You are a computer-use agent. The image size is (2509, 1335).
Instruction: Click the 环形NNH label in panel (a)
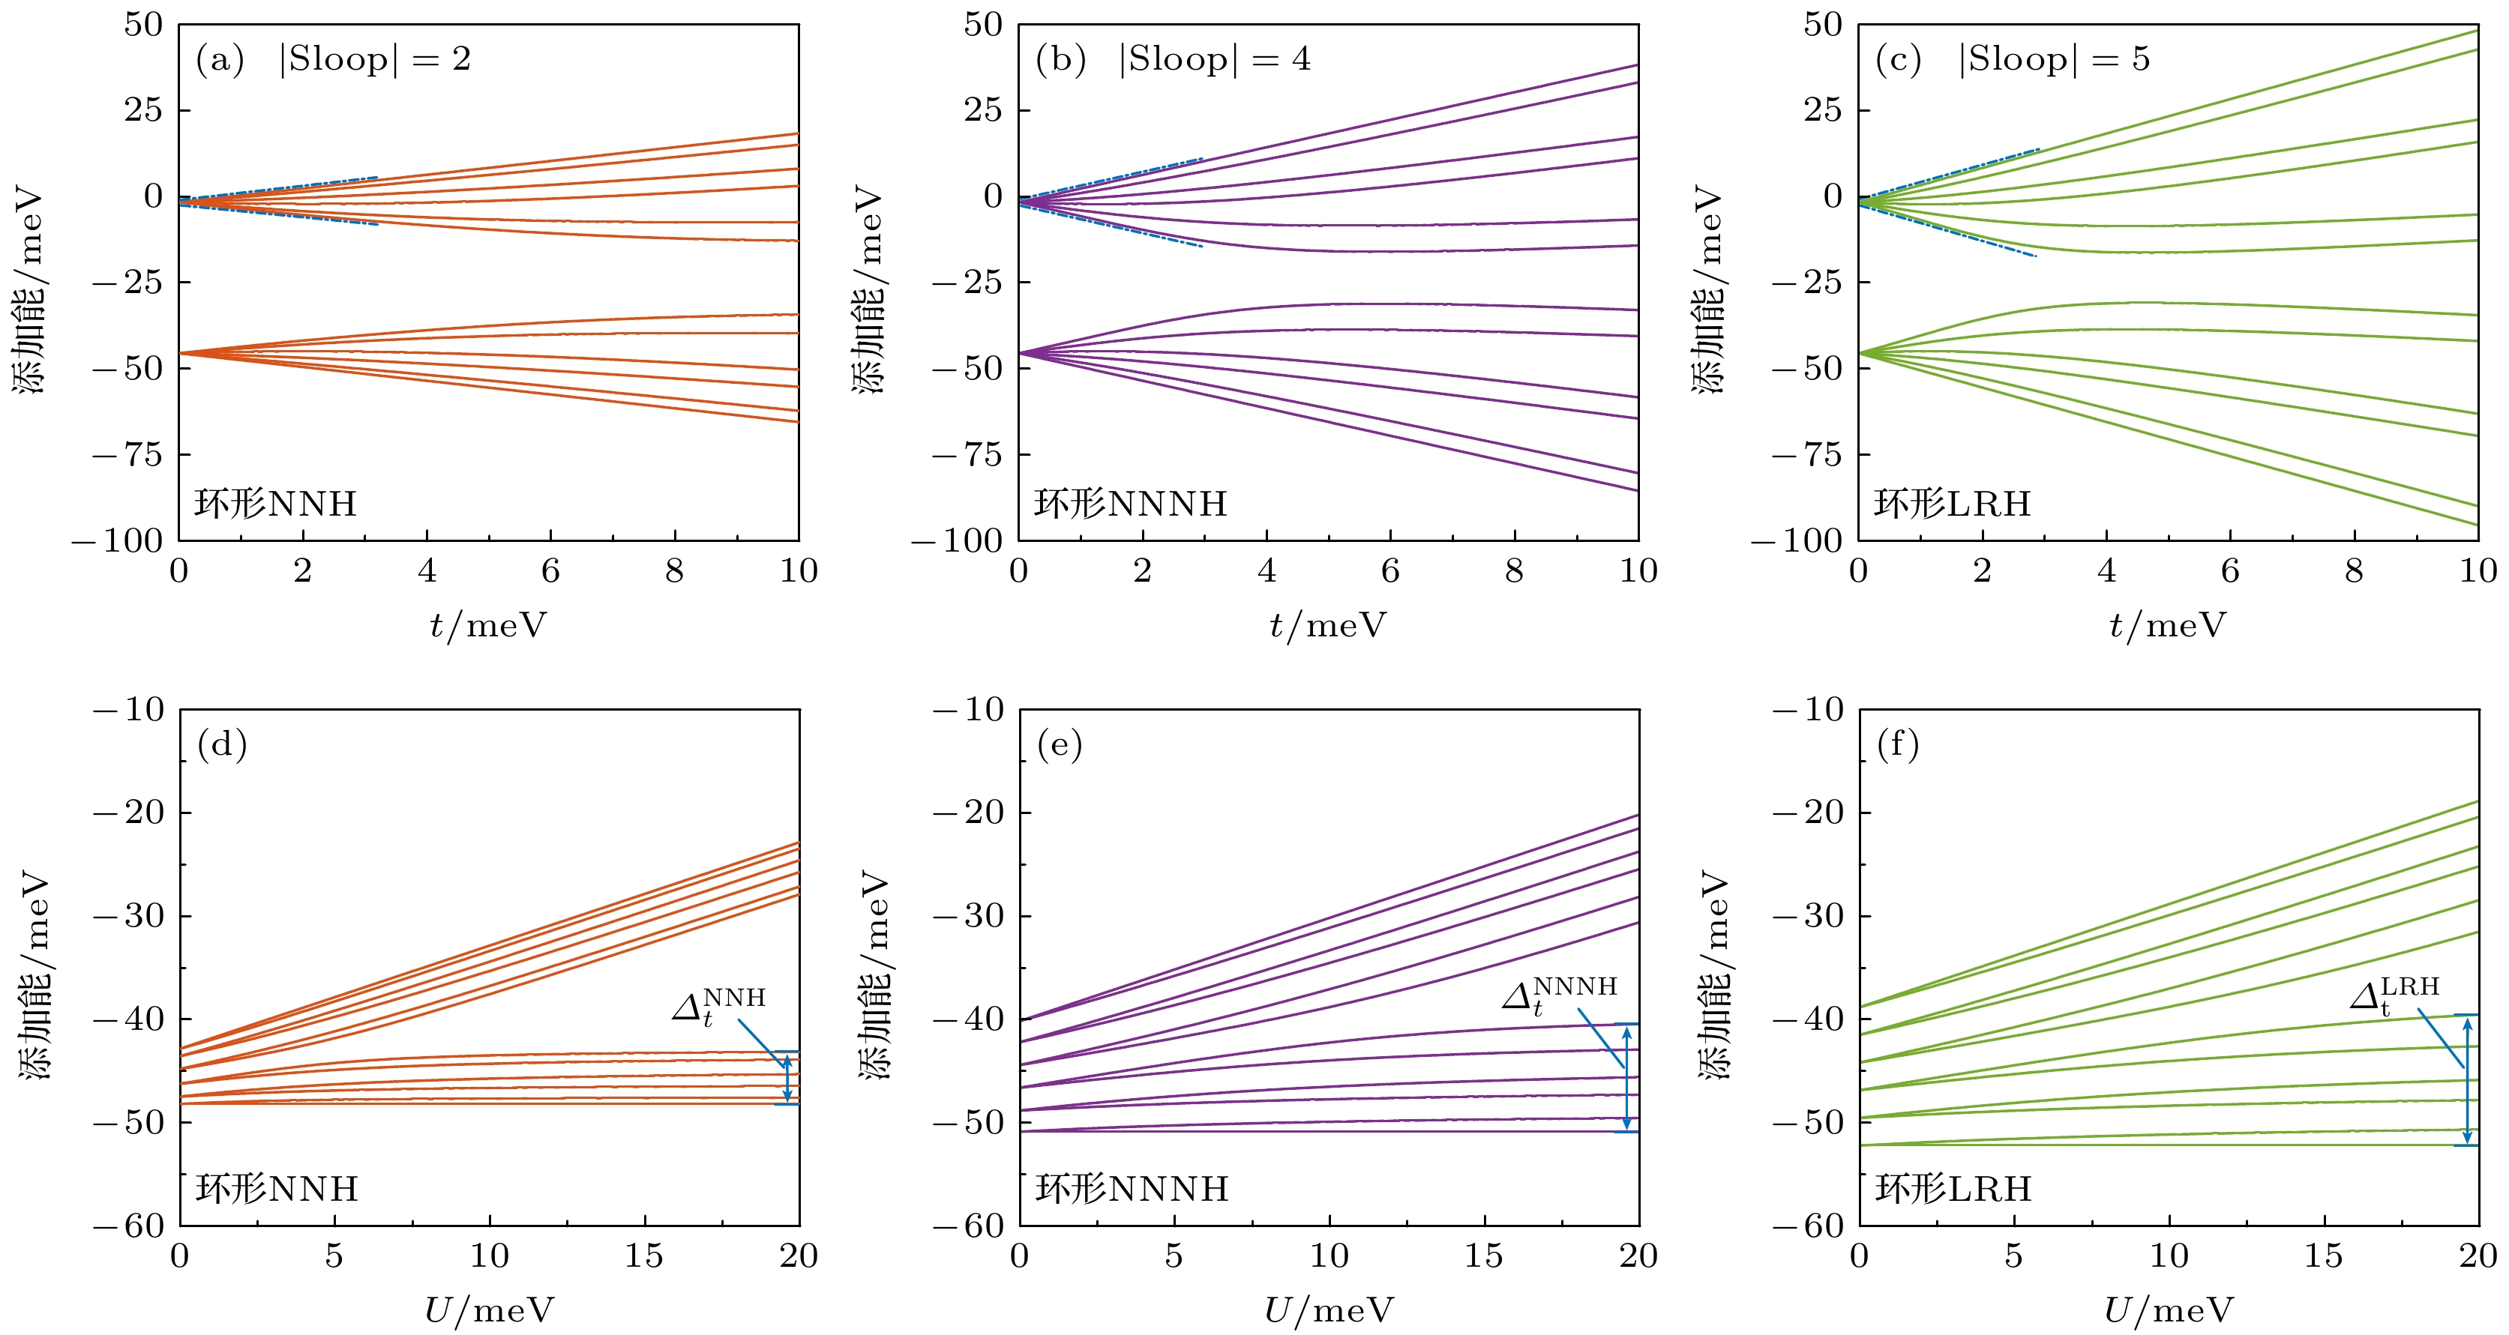tap(276, 504)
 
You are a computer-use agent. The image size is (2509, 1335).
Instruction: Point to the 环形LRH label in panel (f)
tap(1953, 1189)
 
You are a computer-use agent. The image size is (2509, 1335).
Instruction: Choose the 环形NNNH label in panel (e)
tap(1131, 1189)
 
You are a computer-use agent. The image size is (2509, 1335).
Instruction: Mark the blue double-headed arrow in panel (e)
tap(1626, 1077)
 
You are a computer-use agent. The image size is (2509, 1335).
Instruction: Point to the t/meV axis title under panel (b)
tap(1327, 625)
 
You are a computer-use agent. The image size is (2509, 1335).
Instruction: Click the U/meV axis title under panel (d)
tap(489, 1311)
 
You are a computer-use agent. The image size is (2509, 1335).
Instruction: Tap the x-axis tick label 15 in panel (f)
tap(2323, 1256)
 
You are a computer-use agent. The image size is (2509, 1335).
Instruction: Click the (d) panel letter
tap(222, 745)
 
